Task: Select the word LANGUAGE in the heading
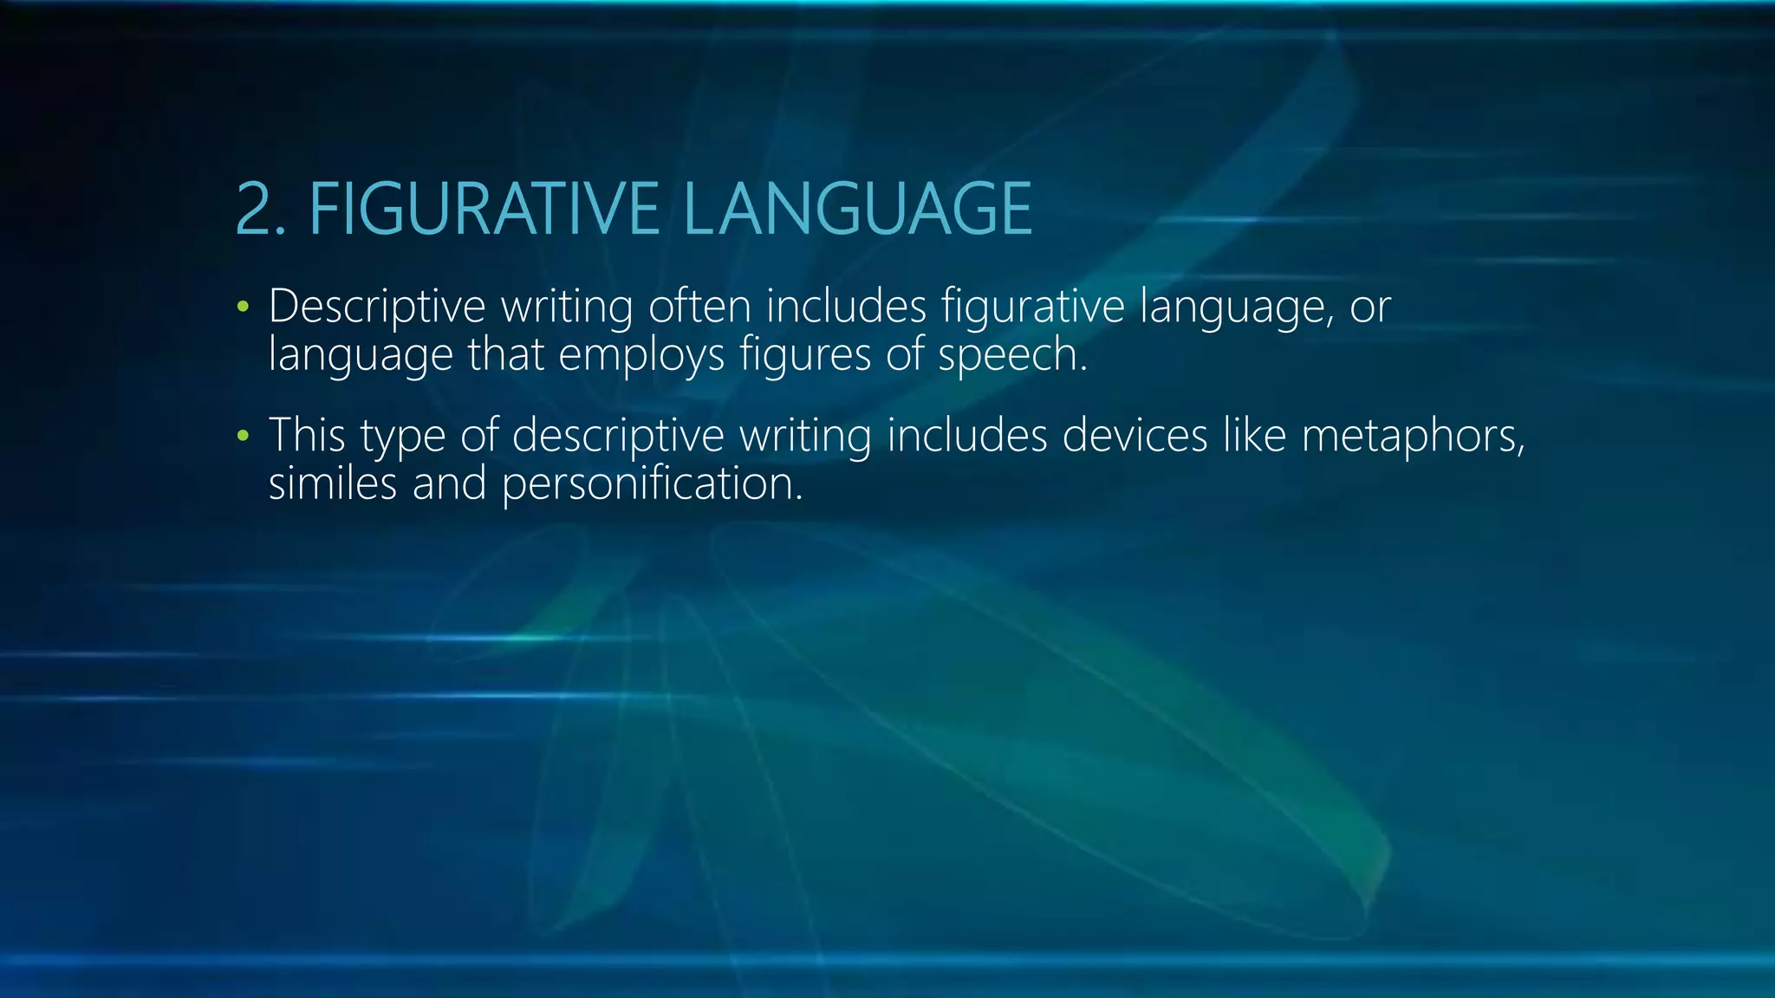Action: pyautogui.click(x=857, y=209)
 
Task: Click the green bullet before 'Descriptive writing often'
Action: pyautogui.click(x=243, y=307)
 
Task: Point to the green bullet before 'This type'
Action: pyautogui.click(x=243, y=436)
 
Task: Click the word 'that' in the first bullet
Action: pyautogui.click(x=505, y=354)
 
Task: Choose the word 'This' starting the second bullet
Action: pyautogui.click(x=307, y=435)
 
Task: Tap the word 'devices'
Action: pyautogui.click(x=1135, y=435)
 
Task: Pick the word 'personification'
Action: pyautogui.click(x=651, y=483)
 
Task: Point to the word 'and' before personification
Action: pyautogui.click(x=449, y=483)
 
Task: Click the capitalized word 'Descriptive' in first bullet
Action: pyautogui.click(x=377, y=307)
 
